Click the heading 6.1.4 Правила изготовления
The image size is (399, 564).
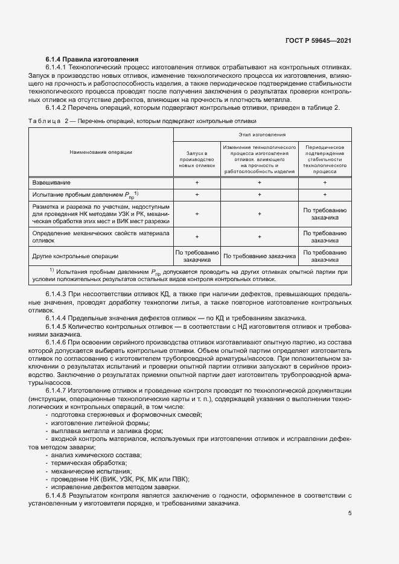(92, 59)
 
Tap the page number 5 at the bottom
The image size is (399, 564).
(350, 513)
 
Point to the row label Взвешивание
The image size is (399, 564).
(51, 182)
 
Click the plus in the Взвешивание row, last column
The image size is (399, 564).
(325, 182)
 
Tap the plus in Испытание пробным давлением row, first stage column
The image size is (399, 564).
(197, 194)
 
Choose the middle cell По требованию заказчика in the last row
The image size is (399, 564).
(260, 256)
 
